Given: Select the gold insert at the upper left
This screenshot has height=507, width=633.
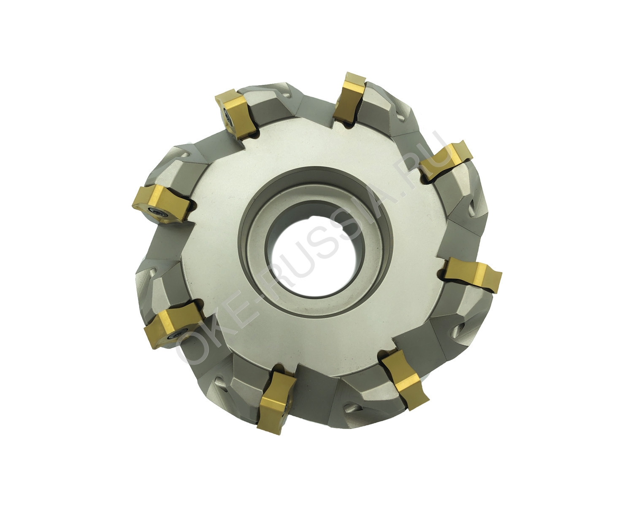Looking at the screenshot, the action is click(x=235, y=114).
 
